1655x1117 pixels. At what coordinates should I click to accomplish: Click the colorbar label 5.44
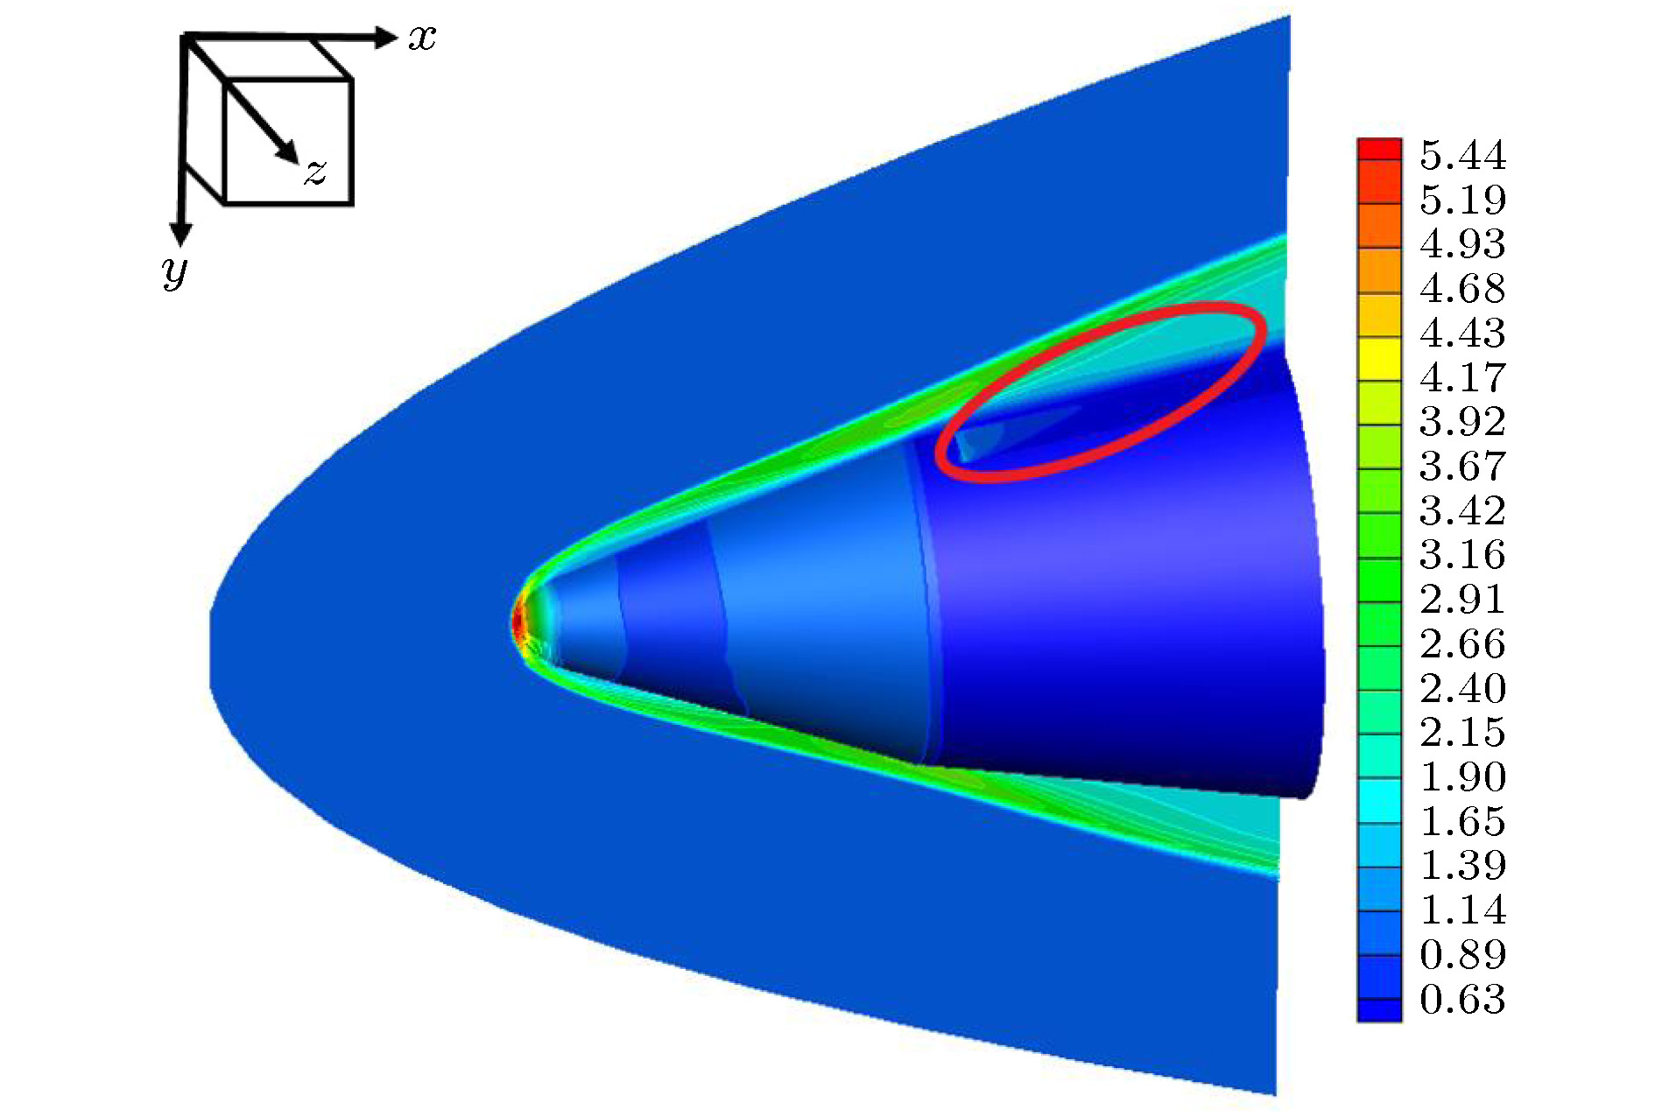[1462, 156]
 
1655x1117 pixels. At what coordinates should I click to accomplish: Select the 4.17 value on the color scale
[1462, 378]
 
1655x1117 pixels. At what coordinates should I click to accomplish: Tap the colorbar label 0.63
[1462, 1000]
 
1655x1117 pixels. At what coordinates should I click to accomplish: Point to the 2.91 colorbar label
[1462, 600]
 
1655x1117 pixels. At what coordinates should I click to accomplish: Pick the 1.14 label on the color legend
[1462, 910]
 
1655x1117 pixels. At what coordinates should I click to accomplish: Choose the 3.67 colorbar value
[1462, 467]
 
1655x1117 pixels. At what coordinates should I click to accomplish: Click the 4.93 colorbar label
[1462, 244]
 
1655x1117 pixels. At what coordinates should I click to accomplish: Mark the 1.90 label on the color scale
[1462, 777]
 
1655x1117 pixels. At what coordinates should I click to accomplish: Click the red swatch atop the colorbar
[1379, 149]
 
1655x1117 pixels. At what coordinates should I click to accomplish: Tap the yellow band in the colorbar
[1379, 359]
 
